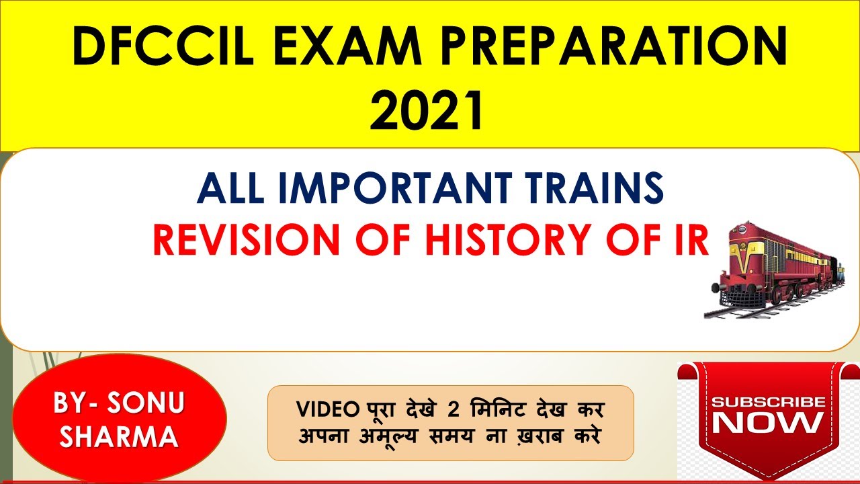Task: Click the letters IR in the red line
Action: pyautogui.click(x=687, y=239)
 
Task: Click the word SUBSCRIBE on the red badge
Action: pyautogui.click(x=768, y=402)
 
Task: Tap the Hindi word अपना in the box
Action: pyautogui.click(x=321, y=435)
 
